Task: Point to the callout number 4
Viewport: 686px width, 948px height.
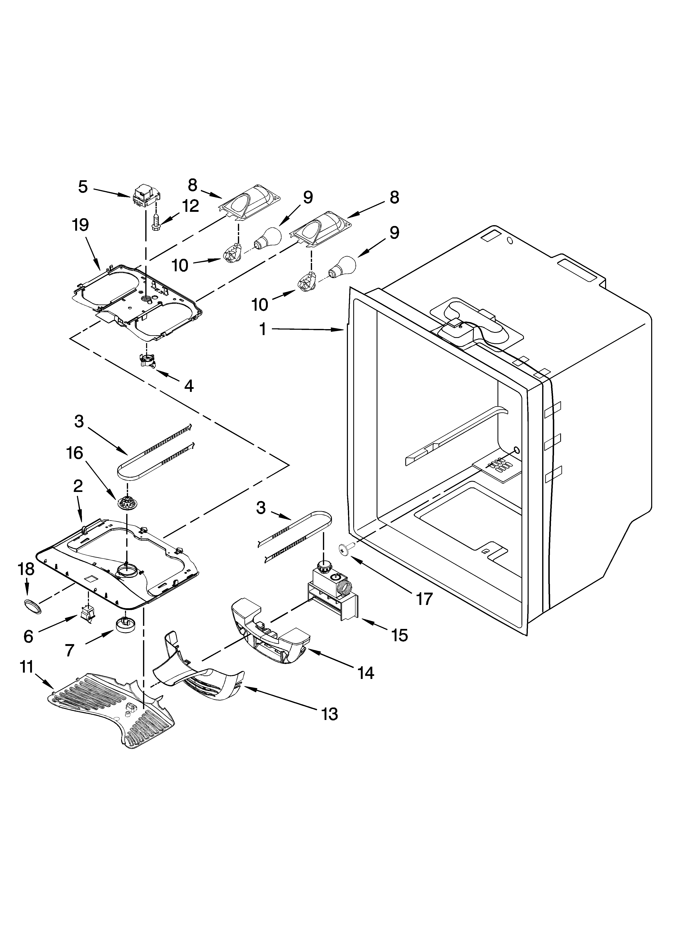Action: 189,386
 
